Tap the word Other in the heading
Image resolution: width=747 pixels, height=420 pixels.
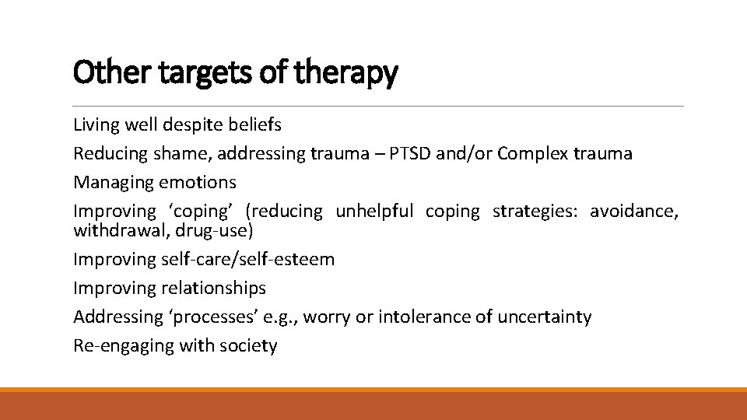tap(103, 73)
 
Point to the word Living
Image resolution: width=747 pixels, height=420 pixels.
tap(96, 124)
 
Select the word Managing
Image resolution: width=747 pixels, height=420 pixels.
tap(113, 182)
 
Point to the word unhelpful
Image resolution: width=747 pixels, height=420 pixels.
tap(375, 211)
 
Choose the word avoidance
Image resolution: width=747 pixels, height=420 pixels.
tap(634, 211)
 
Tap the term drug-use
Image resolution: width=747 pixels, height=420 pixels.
tap(214, 230)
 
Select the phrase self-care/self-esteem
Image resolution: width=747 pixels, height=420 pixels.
tap(248, 259)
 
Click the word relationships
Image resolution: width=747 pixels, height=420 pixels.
tap(213, 288)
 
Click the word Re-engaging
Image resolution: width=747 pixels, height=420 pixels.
tap(124, 346)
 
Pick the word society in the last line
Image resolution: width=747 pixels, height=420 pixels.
tap(249, 346)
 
